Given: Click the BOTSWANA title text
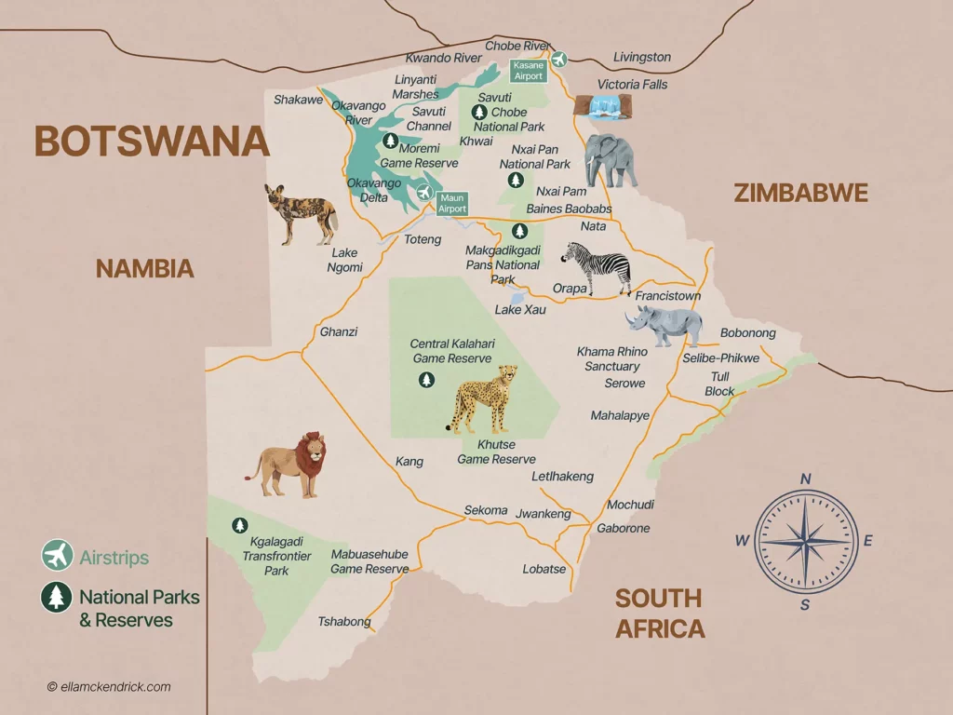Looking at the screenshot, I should point(152,142).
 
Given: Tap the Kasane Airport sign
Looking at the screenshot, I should point(528,71).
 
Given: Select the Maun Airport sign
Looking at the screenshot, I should point(452,203).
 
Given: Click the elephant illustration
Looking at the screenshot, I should point(611,160).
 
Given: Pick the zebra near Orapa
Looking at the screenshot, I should point(597,267).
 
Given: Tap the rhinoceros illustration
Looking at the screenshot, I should point(664,325).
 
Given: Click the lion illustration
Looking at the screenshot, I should point(289,463).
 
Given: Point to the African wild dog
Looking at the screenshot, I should point(300,212).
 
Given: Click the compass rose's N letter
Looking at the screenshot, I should point(806,479).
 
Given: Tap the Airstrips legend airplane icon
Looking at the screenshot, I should point(57,556).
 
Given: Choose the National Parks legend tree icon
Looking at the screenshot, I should point(57,597).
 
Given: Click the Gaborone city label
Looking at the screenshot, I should point(623,528).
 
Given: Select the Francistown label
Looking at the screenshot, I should point(667,296).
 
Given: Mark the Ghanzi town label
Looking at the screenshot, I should point(338,331).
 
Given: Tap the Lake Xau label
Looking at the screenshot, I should point(520,309).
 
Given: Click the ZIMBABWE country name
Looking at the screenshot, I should point(800,194).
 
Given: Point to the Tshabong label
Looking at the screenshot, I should point(344,622).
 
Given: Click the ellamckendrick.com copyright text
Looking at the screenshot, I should point(109,687).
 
